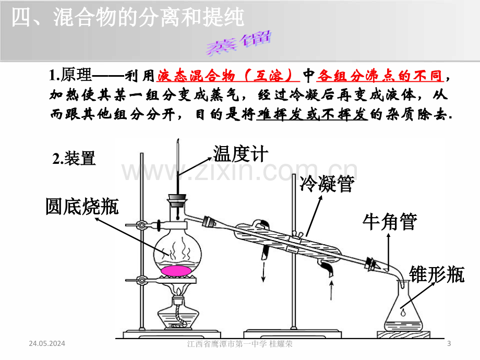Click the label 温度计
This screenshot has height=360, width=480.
[x=241, y=154]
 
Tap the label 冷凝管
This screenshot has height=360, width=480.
[x=327, y=184]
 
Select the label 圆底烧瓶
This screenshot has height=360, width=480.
[x=82, y=206]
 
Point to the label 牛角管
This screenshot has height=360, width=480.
[x=390, y=222]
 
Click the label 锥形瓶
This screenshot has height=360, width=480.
[x=437, y=274]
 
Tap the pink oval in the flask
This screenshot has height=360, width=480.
[x=176, y=271]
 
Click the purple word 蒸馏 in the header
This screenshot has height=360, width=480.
[x=239, y=43]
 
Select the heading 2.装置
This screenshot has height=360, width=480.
[x=74, y=159]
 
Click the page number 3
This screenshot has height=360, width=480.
[x=449, y=343]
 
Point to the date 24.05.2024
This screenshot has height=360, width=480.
[x=47, y=343]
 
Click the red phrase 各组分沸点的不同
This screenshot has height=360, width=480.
[x=380, y=76]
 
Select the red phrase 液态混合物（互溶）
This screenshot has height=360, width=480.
[x=228, y=76]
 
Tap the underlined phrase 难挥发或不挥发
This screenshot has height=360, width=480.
[x=312, y=114]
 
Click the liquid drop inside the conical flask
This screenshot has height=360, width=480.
[x=403, y=312]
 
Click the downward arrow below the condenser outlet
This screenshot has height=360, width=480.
[x=263, y=271]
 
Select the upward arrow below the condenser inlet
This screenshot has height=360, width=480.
[x=331, y=290]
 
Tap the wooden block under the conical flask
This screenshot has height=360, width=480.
[x=403, y=334]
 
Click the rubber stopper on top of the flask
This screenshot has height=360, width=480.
[x=177, y=200]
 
